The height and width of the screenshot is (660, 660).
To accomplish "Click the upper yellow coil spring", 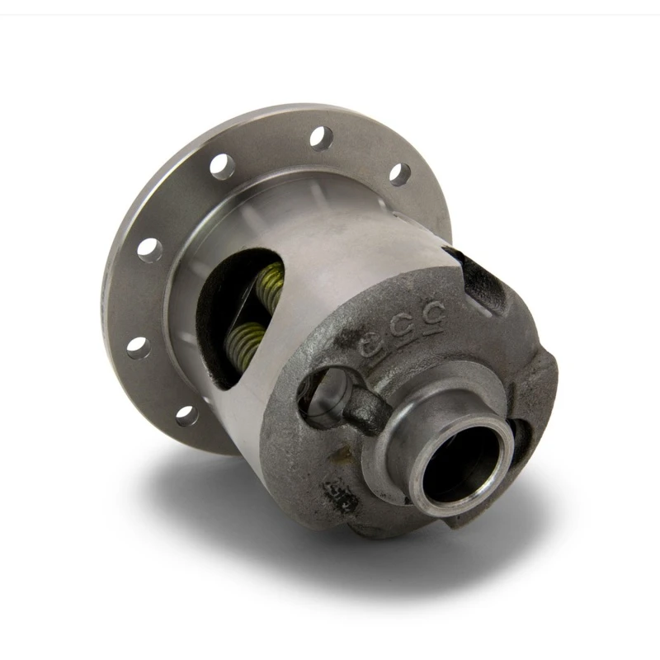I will pos(269,285).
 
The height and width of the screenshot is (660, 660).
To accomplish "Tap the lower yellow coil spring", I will pos(247,338).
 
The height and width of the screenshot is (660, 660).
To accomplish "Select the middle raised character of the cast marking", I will pos(404,324).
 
